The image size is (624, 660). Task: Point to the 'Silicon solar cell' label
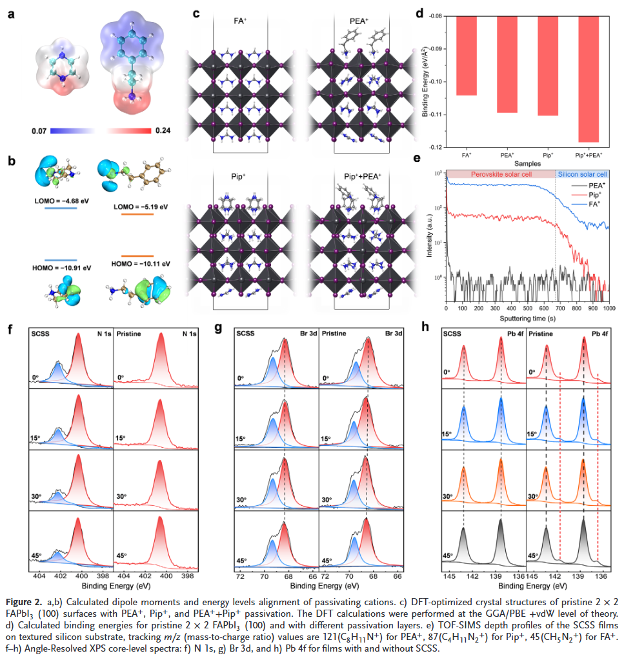pyautogui.click(x=581, y=174)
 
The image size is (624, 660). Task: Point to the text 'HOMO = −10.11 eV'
pyautogui.click(x=140, y=264)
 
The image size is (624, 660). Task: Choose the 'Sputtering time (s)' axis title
pyautogui.click(x=527, y=319)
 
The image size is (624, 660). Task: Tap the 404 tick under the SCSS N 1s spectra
pyautogui.click(x=39, y=575)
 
